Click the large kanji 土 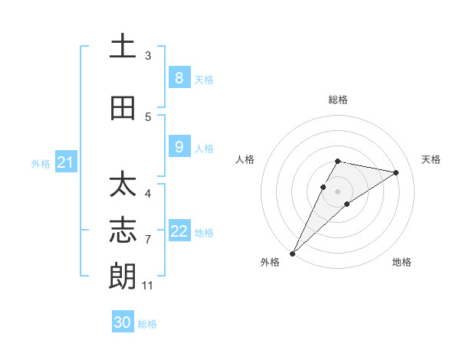tap(123, 47)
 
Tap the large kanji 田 tap(123, 108)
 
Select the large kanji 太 tap(123, 186)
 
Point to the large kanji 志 tap(123, 231)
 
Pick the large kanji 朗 tap(123, 275)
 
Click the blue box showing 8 tap(179, 78)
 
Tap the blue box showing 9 tap(179, 147)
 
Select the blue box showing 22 tap(179, 231)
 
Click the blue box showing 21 tap(65, 162)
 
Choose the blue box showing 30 tap(123, 322)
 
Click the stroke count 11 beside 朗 tap(148, 286)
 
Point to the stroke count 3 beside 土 tap(148, 55)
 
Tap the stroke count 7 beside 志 tap(148, 240)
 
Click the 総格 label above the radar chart tap(338, 100)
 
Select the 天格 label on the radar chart tap(432, 159)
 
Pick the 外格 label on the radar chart tap(270, 262)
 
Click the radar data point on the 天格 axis tap(396, 172)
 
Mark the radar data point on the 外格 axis tap(292, 253)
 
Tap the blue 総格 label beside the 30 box tap(147, 324)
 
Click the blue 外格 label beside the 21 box tap(41, 163)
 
